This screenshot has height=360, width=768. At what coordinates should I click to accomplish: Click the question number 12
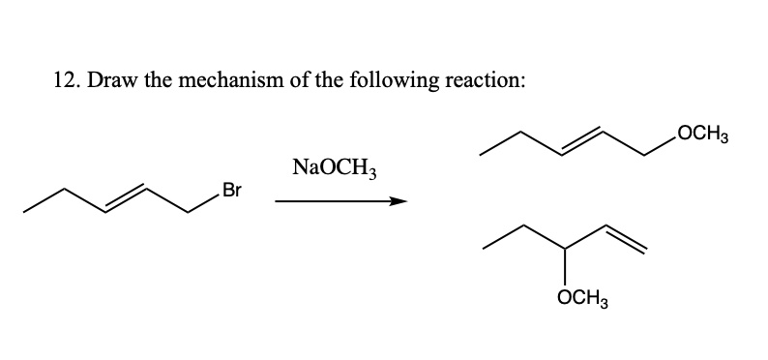pyautogui.click(x=60, y=81)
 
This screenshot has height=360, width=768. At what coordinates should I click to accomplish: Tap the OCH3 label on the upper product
pyautogui.click(x=708, y=132)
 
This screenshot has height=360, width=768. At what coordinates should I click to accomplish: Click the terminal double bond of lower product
pyautogui.click(x=625, y=239)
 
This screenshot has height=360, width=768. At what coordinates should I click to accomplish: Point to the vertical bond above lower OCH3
pyautogui.click(x=566, y=275)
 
